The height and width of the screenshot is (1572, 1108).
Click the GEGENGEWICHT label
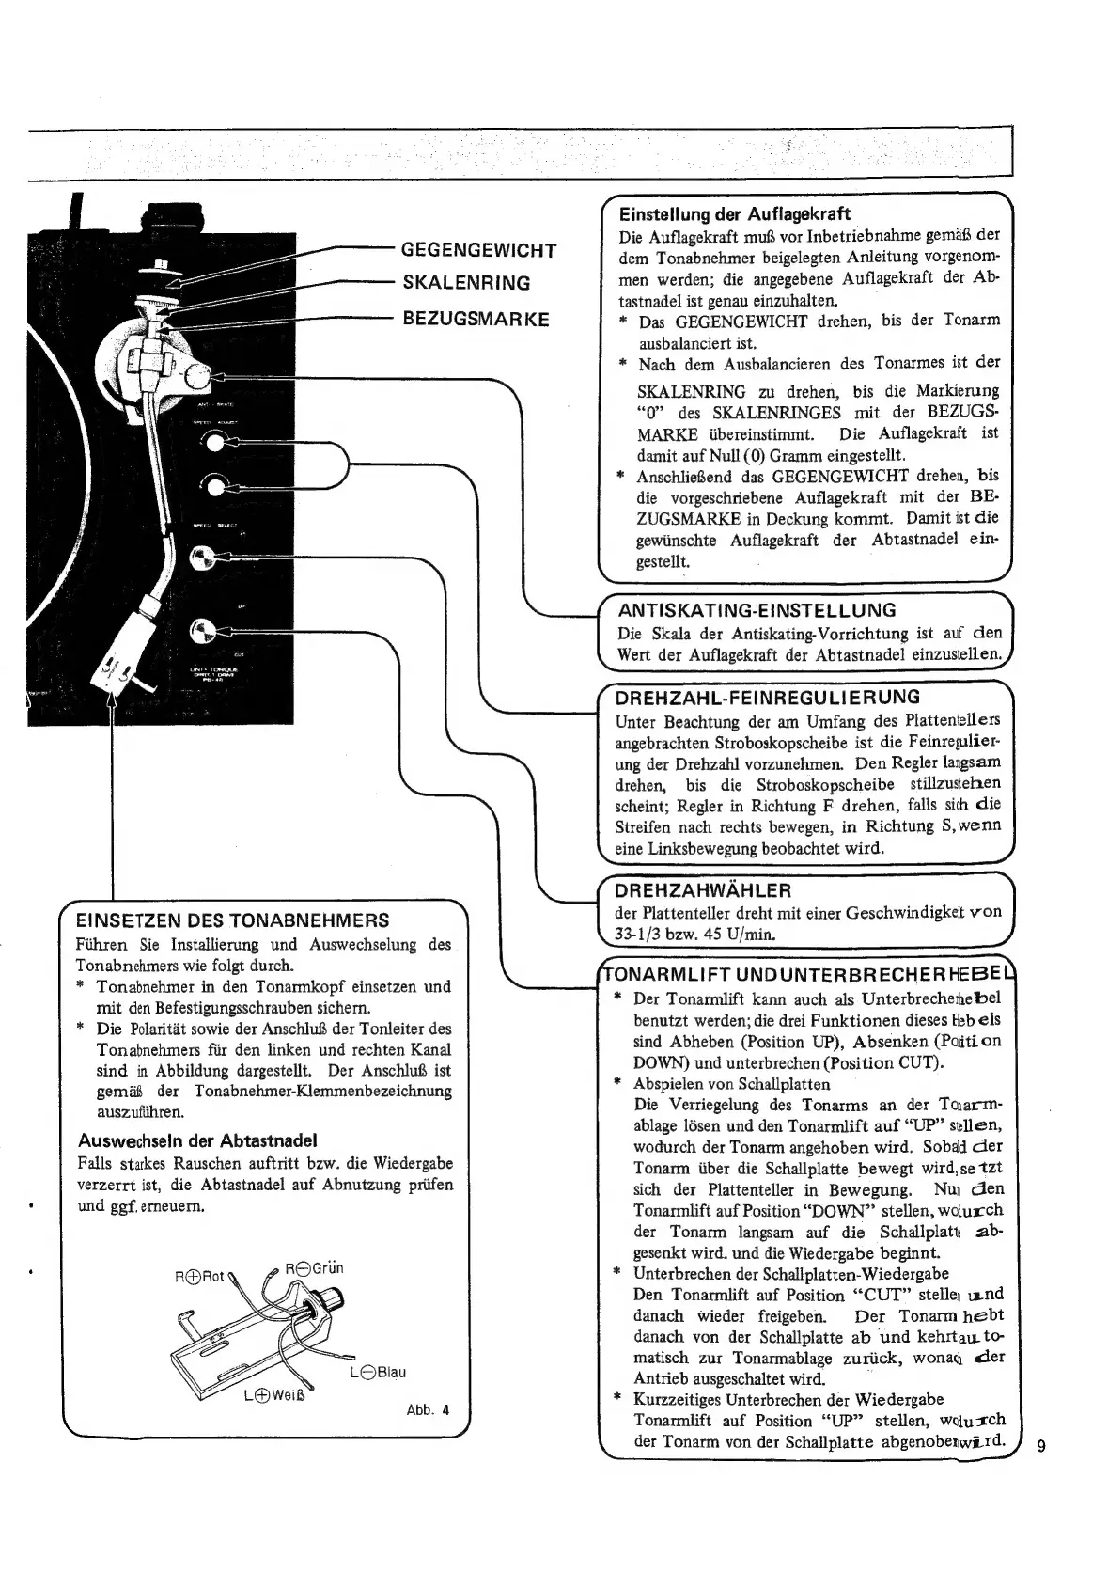pyautogui.click(x=478, y=250)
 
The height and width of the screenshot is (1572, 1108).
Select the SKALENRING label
pyautogui.click(x=466, y=283)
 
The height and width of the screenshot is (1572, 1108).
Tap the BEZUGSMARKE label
pyautogui.click(x=476, y=318)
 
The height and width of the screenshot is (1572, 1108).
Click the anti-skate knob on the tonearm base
pyautogui.click(x=198, y=378)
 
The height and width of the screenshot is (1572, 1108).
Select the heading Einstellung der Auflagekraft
pyautogui.click(x=735, y=213)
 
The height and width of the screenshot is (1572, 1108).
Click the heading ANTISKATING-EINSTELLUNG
pyautogui.click(x=755, y=610)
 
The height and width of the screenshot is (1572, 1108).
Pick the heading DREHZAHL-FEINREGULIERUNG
pyautogui.click(x=767, y=698)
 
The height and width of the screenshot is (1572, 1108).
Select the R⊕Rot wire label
pyautogui.click(x=199, y=1278)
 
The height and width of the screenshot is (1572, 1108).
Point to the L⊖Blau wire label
pyautogui.click(x=377, y=1372)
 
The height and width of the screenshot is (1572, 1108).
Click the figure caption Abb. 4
pyautogui.click(x=428, y=1410)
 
